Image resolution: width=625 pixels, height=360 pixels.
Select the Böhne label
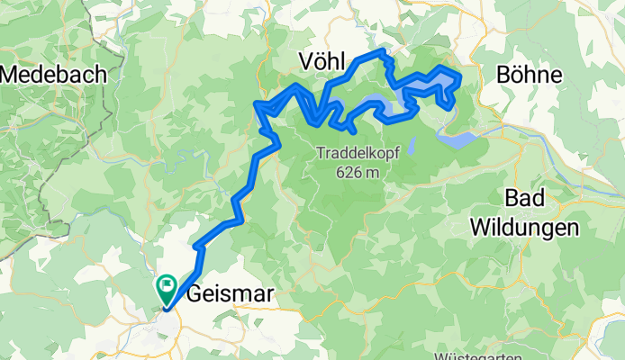tap(529, 76)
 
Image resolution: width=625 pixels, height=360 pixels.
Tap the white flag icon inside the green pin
tap(167, 286)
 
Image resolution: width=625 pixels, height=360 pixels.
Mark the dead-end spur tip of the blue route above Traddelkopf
tap(356, 132)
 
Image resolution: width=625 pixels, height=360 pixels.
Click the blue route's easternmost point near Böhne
tap(460, 77)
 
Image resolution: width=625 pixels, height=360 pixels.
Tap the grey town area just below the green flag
tap(168, 320)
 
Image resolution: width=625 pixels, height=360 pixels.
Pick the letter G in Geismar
tap(195, 294)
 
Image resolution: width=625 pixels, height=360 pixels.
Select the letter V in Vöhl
tap(304, 61)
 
